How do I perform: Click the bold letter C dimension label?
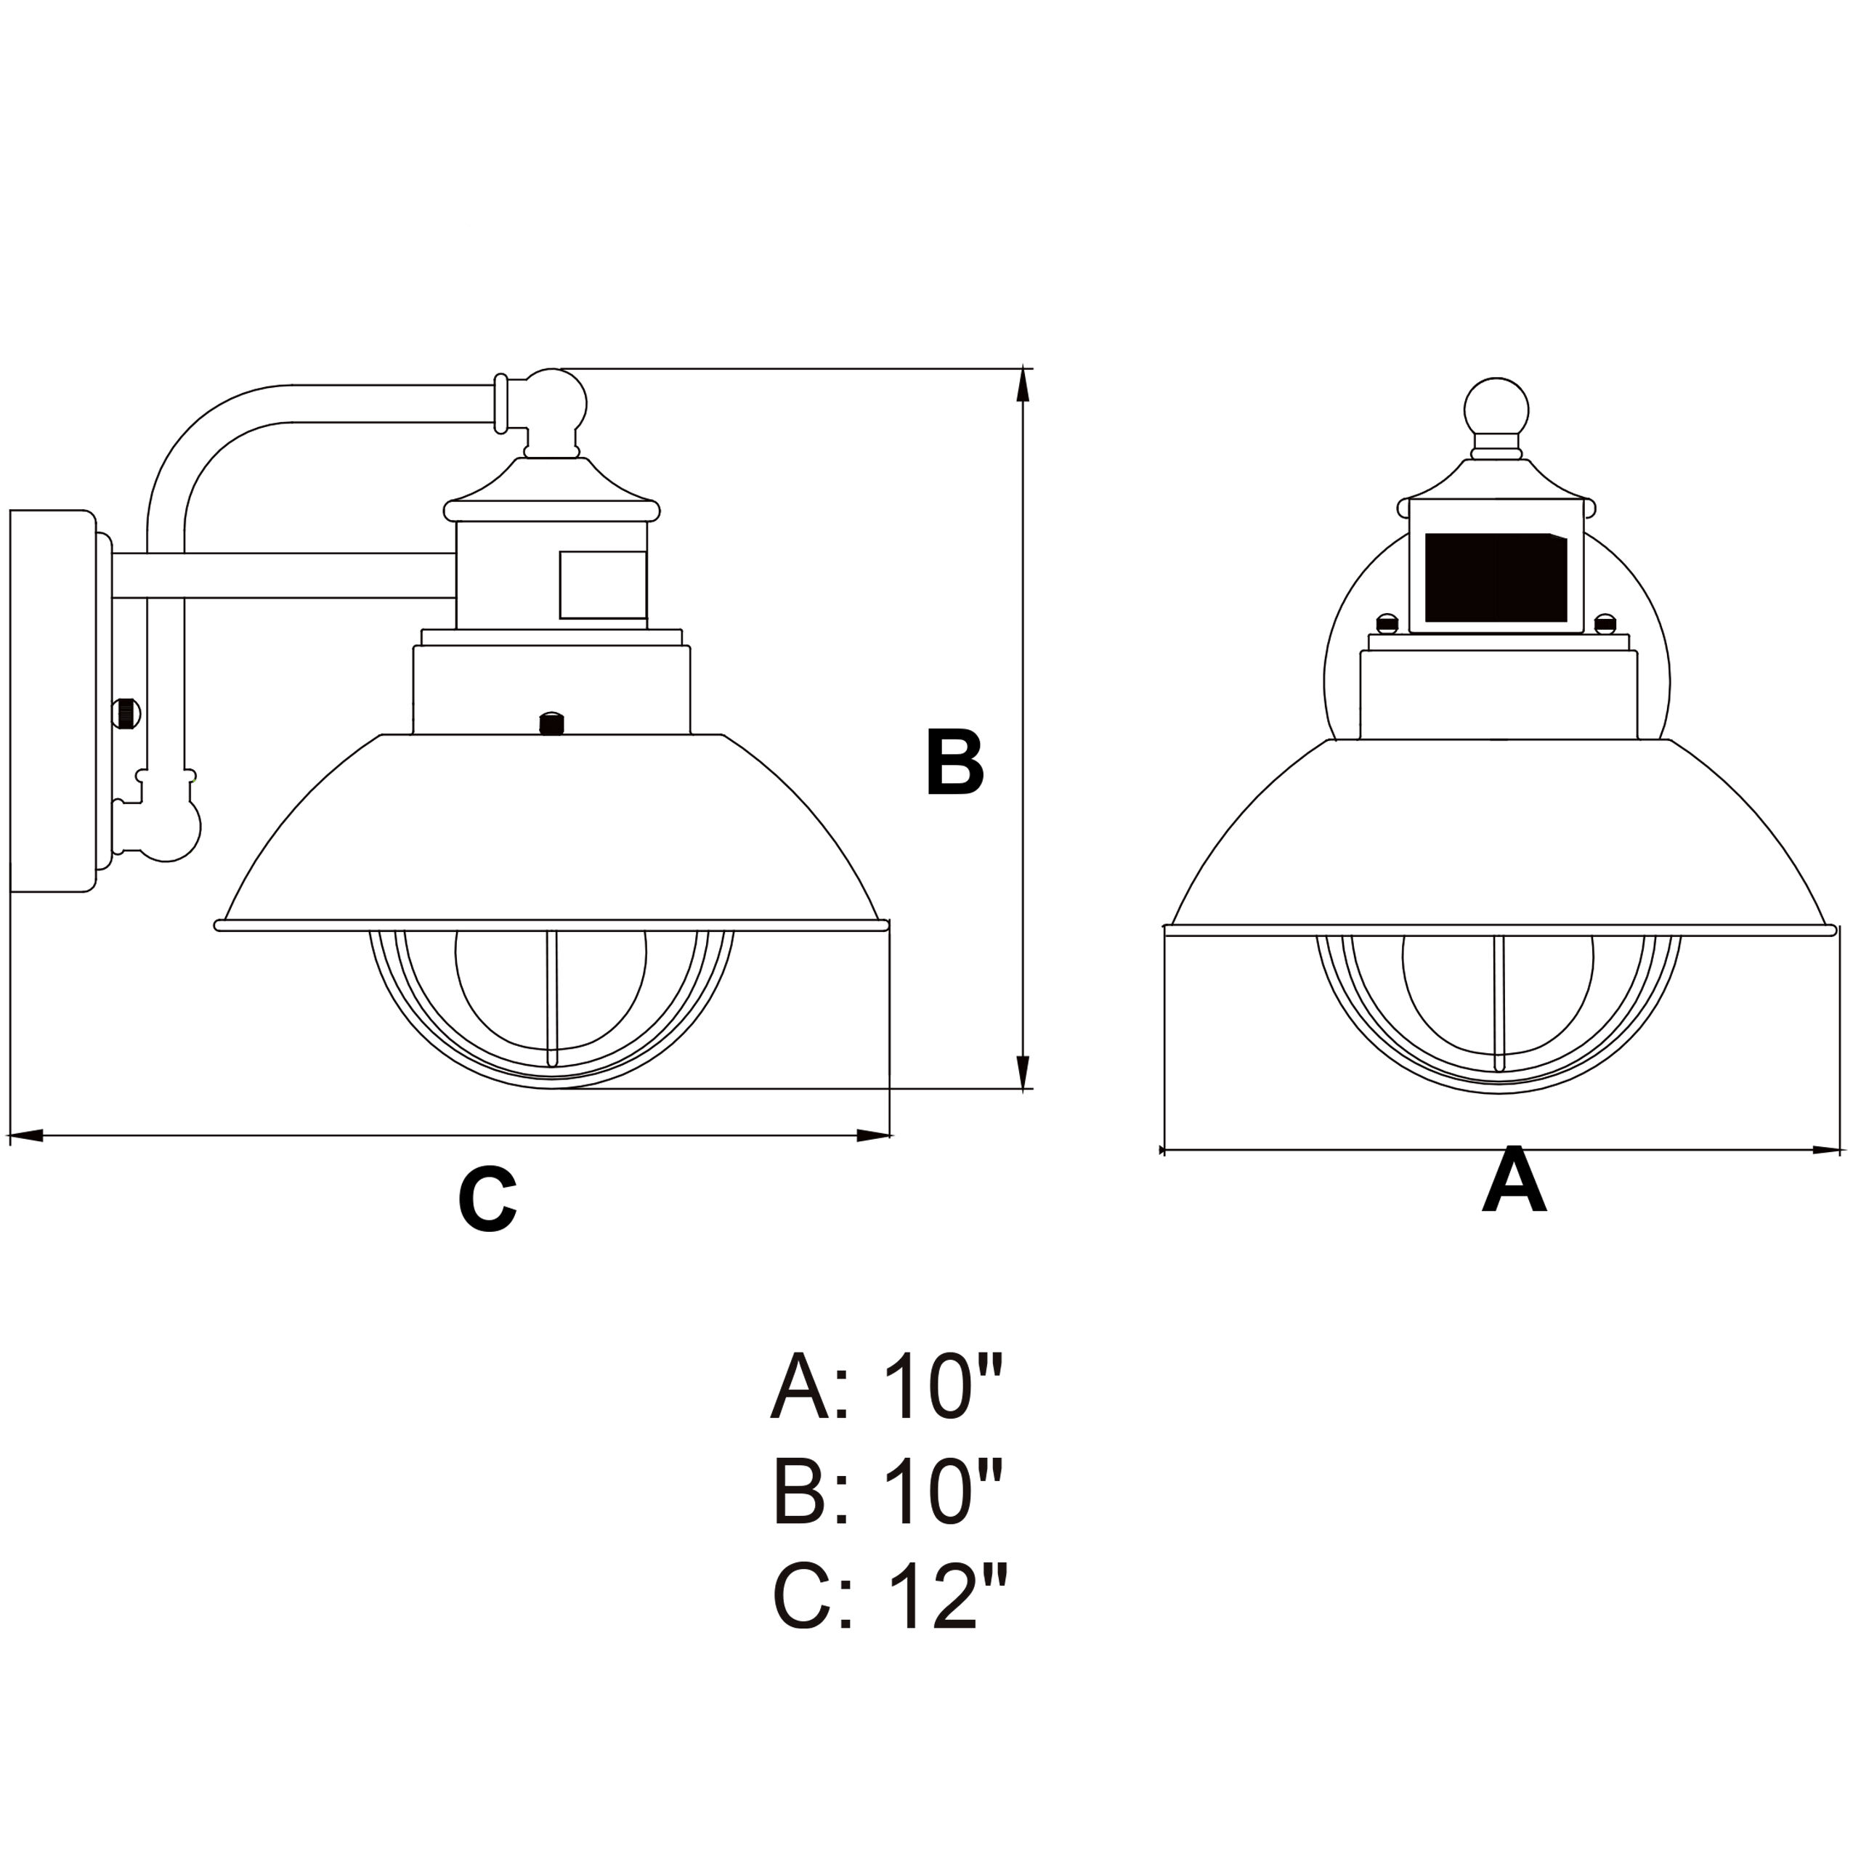(x=487, y=1200)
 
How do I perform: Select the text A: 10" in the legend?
(x=886, y=1388)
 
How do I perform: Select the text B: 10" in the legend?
(x=886, y=1493)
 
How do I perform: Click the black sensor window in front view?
(x=1495, y=577)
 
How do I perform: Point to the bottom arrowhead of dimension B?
(x=1023, y=1071)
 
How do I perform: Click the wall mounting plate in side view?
(x=53, y=701)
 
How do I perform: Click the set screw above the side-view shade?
(x=551, y=723)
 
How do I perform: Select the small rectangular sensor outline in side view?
(x=602, y=584)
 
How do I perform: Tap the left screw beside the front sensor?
(x=1386, y=623)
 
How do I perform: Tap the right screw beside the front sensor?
(x=1605, y=623)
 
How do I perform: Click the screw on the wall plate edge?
(x=126, y=713)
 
